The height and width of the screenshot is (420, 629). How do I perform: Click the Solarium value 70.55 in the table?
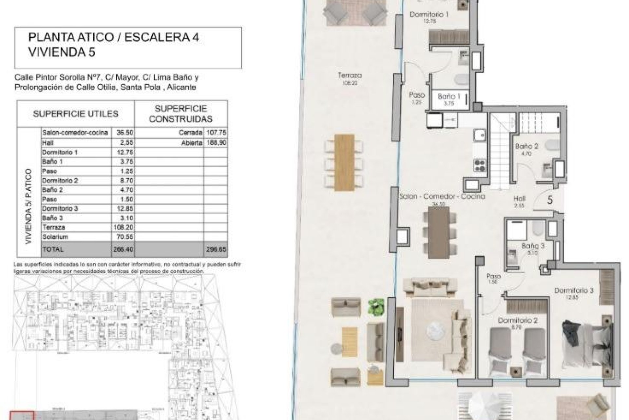click(123, 237)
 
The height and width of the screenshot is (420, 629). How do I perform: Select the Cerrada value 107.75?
click(216, 133)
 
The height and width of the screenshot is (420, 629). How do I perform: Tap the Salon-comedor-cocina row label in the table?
click(75, 133)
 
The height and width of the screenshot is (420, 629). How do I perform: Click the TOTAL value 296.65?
click(216, 249)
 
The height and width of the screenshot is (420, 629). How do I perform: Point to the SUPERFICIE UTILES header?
click(75, 114)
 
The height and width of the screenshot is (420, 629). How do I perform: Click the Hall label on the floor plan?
click(520, 199)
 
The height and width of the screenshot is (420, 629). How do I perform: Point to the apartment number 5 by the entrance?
click(550, 200)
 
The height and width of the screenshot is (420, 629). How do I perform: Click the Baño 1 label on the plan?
click(447, 96)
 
